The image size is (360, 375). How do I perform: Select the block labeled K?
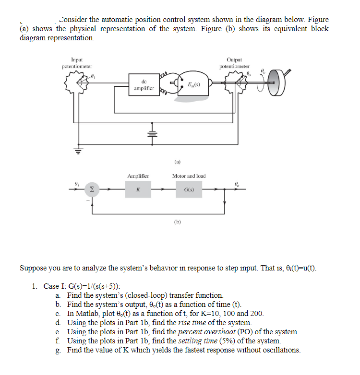click(138, 189)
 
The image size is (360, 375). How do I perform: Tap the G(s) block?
click(189, 189)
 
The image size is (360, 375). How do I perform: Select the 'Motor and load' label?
click(189, 176)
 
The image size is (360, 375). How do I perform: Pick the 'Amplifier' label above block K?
click(138, 176)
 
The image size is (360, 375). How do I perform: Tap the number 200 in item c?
click(257, 314)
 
